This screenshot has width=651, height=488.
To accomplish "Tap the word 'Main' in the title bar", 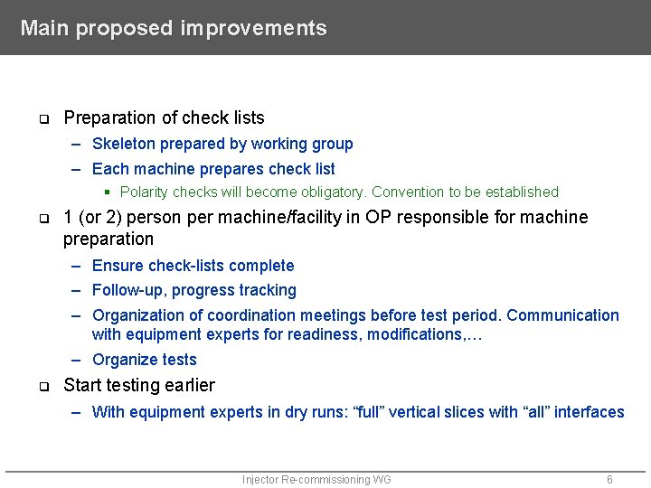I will point(45,28).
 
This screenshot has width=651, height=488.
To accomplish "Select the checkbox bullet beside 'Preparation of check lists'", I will point(42,119).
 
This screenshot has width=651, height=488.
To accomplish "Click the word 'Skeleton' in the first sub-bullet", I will point(123,144).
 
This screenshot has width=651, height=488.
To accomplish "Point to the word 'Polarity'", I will point(144,192).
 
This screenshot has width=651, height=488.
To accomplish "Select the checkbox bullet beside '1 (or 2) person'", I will point(42,219).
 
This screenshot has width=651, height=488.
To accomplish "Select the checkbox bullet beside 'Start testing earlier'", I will point(42,387).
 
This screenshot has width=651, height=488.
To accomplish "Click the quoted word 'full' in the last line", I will point(371,412).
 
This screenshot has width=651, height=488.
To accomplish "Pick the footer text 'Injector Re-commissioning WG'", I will point(316,480).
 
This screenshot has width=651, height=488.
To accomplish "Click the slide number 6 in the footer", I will point(609,480).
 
